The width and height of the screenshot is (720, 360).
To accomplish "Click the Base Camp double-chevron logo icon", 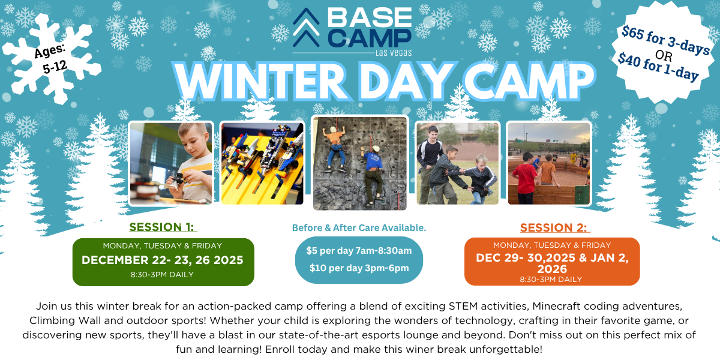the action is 306,28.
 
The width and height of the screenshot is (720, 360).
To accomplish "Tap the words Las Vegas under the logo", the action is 394,53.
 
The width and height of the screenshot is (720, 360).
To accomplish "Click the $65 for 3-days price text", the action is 665,40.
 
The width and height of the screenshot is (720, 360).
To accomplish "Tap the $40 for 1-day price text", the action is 658,67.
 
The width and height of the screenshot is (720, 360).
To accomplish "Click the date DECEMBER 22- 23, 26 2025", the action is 163,260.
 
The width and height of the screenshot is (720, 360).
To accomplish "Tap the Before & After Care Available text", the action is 359,228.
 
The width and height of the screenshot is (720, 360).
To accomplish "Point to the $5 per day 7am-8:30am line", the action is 359,251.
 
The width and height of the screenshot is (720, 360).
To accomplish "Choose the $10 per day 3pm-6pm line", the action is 359,268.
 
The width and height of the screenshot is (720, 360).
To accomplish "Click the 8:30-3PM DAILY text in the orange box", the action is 551,280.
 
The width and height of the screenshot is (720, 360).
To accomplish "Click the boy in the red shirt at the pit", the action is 524,178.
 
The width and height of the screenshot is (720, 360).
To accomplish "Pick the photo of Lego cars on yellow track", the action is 262,163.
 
